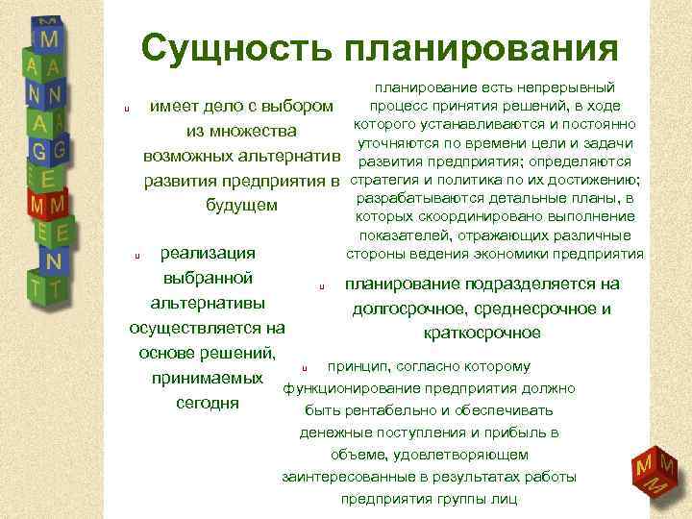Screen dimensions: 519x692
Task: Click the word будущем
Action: click(x=242, y=205)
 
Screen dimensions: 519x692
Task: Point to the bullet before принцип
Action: click(x=304, y=368)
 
